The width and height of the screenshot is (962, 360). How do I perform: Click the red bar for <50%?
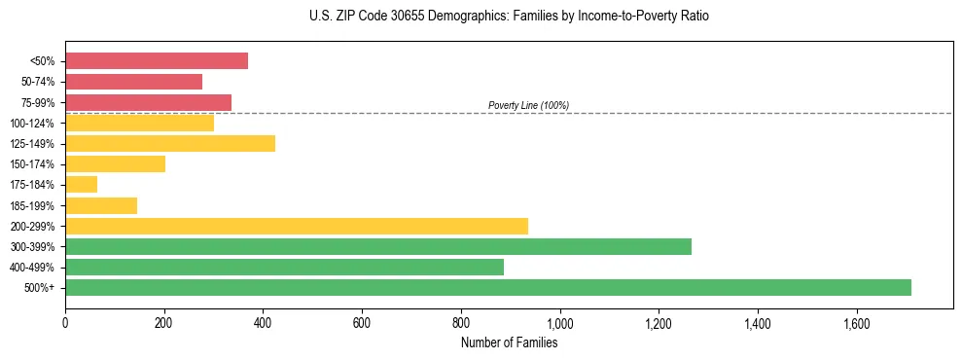tap(156, 61)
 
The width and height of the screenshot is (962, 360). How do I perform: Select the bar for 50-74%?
tap(133, 82)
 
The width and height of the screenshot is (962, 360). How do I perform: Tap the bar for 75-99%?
tap(148, 102)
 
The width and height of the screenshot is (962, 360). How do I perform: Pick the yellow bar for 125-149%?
tap(170, 143)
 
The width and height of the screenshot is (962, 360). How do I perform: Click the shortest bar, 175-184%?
tap(81, 184)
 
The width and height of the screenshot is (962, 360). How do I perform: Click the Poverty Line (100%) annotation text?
tap(528, 105)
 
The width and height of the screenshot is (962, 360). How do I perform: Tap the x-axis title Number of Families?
tap(509, 342)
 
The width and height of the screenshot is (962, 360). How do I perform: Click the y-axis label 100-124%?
tap(32, 124)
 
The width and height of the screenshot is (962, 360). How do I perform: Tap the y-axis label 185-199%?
tap(32, 205)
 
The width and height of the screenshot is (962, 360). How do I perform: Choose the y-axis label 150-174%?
tap(32, 164)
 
